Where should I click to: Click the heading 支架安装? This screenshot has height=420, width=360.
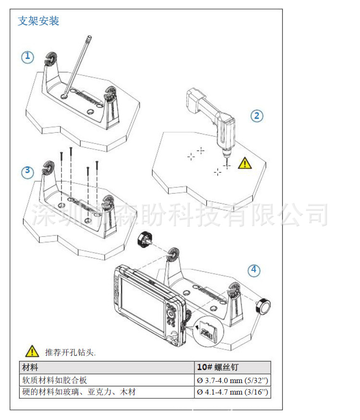(38, 22)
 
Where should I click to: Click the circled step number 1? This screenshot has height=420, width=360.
(27, 57)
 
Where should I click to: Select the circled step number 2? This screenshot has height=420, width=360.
(257, 116)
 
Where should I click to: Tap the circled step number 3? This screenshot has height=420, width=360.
(27, 171)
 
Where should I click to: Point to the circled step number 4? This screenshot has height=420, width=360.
(254, 270)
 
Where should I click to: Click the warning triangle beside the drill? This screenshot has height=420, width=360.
(245, 163)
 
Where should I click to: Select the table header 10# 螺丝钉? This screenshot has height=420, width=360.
(217, 367)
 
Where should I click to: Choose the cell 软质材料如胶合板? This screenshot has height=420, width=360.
(55, 380)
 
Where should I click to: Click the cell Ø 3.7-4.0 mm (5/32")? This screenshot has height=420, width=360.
(232, 380)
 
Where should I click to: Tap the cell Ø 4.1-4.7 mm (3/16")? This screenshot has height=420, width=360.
(232, 392)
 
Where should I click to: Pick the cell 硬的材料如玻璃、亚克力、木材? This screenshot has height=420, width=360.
(78, 392)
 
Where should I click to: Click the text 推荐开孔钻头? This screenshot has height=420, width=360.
(70, 352)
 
